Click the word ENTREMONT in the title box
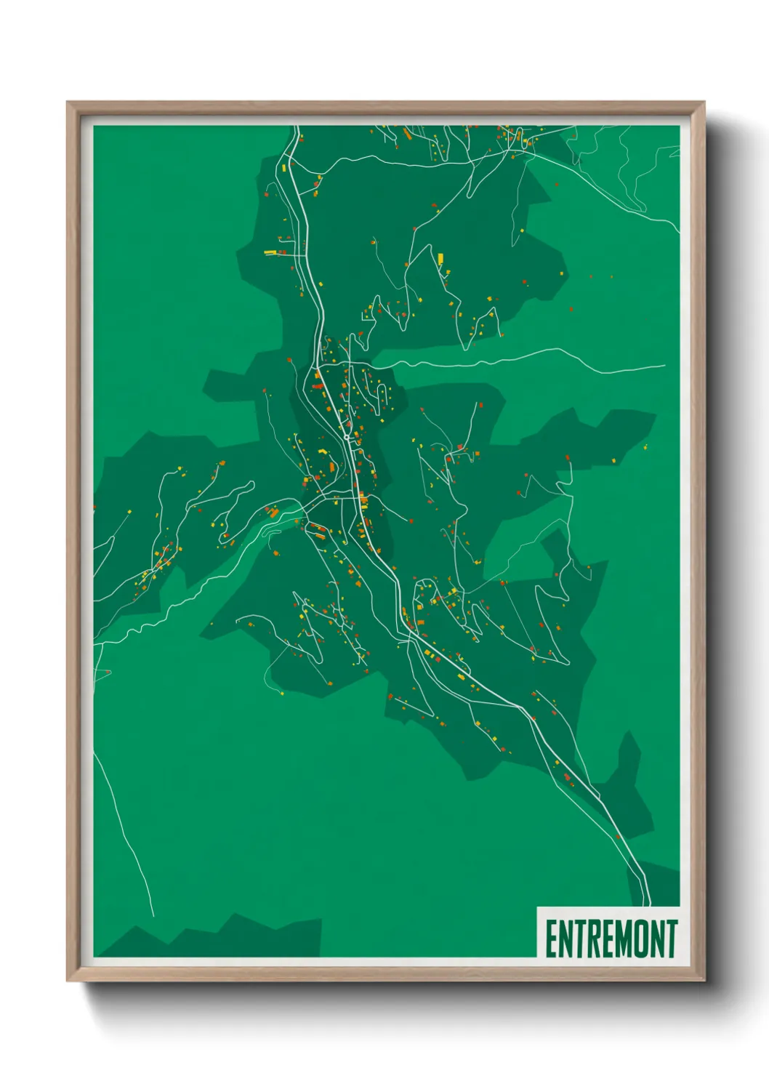point(611,939)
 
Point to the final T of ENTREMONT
point(670,939)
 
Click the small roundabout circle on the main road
point(347,436)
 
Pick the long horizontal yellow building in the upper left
point(270,252)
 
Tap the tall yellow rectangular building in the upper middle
point(440,257)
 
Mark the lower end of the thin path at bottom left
point(153,915)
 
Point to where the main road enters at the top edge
point(297,129)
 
